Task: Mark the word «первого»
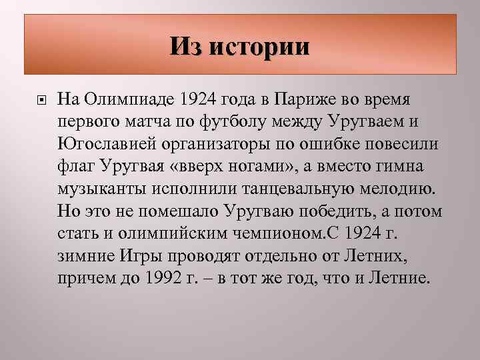click(x=87, y=122)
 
